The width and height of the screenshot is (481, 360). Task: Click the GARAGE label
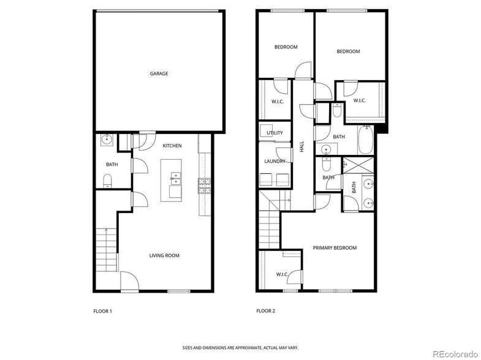click(x=159, y=73)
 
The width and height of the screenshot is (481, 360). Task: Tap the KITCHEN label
click(x=172, y=146)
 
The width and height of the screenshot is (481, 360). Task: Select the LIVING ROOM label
click(x=164, y=255)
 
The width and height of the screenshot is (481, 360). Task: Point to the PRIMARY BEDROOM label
click(x=335, y=248)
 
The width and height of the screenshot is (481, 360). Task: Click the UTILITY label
click(x=275, y=133)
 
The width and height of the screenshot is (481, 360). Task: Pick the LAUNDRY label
click(x=275, y=161)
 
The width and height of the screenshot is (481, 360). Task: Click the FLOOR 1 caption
click(x=102, y=311)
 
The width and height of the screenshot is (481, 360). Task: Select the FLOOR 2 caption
click(x=266, y=311)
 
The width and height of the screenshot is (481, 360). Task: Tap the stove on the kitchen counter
click(x=204, y=186)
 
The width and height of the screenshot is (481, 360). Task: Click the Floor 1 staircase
click(x=105, y=250)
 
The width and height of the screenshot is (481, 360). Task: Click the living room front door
click(x=129, y=283)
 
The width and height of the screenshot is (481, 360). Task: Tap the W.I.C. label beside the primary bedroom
click(x=282, y=274)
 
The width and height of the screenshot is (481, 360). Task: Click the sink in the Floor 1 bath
click(x=107, y=140)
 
